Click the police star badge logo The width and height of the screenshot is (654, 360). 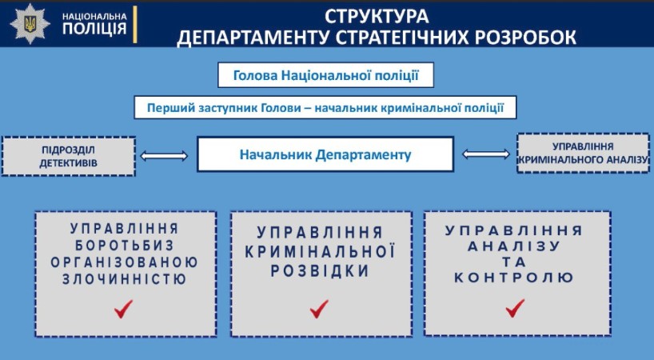pyautogui.click(x=30, y=24)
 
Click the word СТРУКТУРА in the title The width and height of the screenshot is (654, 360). pyautogui.click(x=377, y=17)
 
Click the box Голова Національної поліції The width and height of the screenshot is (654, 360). pyautogui.click(x=325, y=75)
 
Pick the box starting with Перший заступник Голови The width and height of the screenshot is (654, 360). pyautogui.click(x=325, y=108)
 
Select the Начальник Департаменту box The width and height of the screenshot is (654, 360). pyautogui.click(x=325, y=154)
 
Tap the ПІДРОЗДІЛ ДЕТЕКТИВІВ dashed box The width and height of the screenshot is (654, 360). pyautogui.click(x=69, y=156)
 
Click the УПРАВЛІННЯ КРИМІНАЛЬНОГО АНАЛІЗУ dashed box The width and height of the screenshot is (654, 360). pyautogui.click(x=583, y=153)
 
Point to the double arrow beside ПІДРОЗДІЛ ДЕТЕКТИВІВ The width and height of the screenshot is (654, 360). pyautogui.click(x=164, y=156)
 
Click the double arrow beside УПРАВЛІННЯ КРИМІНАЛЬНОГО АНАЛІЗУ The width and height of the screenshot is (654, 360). pyautogui.click(x=486, y=154)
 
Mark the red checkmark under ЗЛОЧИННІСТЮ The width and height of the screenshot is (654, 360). pyautogui.click(x=123, y=309)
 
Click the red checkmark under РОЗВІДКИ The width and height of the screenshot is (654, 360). pyautogui.click(x=319, y=309)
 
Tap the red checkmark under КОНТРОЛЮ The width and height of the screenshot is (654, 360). pyautogui.click(x=515, y=308)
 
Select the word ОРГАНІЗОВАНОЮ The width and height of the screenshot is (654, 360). pyautogui.click(x=124, y=262)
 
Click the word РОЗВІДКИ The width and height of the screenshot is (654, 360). pyautogui.click(x=320, y=271)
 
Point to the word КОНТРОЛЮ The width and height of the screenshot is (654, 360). pyautogui.click(x=514, y=278)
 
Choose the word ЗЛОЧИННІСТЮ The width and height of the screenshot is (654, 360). pyautogui.click(x=124, y=279)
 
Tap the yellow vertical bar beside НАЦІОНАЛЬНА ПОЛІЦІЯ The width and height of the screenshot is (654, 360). pyautogui.click(x=135, y=24)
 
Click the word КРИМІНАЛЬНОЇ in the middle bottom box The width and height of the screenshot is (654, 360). pyautogui.click(x=320, y=251)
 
